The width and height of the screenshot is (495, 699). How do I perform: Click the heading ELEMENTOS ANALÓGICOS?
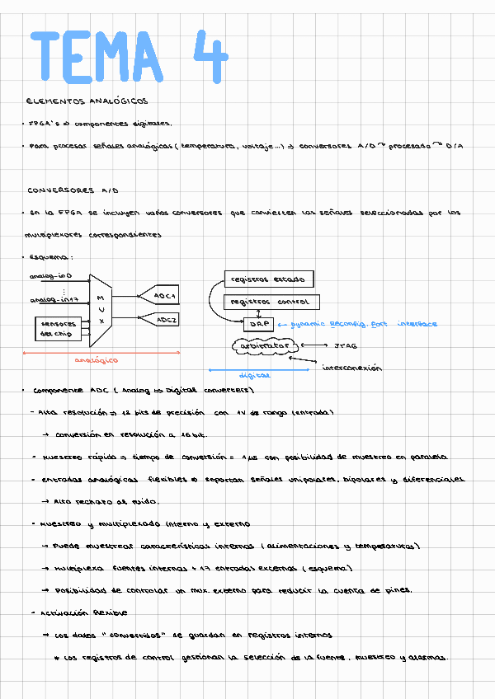click(x=87, y=101)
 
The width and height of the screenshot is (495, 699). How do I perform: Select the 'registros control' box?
click(x=271, y=303)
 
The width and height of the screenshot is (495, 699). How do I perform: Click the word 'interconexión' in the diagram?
click(x=351, y=368)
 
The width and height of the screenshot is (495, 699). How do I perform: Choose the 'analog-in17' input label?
click(x=54, y=300)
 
